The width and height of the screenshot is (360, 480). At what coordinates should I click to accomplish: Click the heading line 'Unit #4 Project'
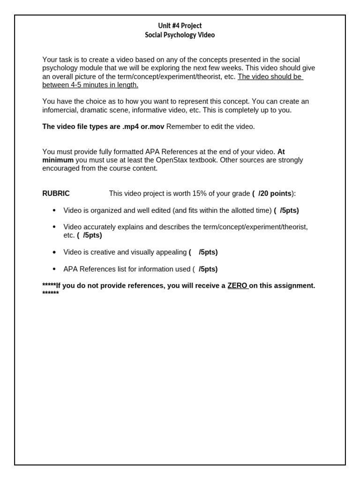180,26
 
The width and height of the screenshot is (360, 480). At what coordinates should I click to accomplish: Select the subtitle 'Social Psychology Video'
180,35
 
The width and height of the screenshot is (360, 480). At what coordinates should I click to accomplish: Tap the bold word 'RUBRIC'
56,194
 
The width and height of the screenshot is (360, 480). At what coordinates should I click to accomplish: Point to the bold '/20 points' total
275,194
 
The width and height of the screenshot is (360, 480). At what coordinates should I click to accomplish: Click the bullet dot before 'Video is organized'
54,210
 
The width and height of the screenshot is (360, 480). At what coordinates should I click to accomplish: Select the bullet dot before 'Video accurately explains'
54,227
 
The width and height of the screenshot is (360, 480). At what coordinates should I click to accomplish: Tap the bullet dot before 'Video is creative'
54,252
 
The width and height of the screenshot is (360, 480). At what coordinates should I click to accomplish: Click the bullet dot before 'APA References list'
54,269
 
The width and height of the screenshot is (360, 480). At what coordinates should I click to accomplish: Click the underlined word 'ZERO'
237,285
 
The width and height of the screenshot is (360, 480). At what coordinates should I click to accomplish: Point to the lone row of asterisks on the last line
51,294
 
